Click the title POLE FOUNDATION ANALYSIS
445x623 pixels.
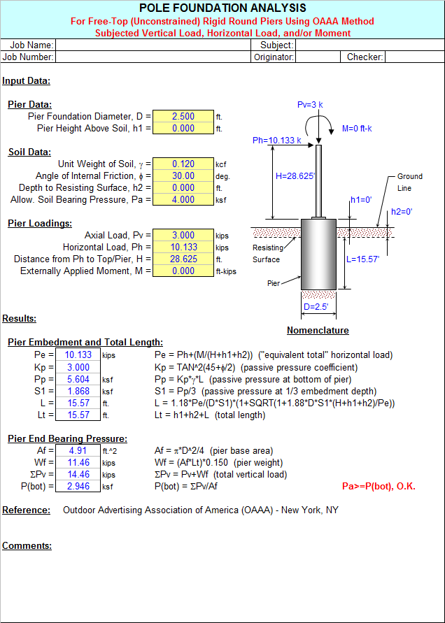point(222,8)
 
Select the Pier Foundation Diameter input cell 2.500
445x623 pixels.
point(183,117)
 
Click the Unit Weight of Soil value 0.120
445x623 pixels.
point(183,164)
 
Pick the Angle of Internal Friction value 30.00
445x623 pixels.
point(183,176)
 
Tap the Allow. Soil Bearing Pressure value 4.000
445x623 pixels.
point(183,200)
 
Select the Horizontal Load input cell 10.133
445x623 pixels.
point(183,248)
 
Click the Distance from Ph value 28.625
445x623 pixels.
point(183,259)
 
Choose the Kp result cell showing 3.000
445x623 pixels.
point(78,367)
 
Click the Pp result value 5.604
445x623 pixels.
point(78,379)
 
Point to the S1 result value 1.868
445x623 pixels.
point(78,391)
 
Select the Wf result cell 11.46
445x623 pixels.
point(78,462)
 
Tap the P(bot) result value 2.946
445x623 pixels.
point(78,486)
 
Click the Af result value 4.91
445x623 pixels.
point(78,450)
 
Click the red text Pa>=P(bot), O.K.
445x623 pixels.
point(378,486)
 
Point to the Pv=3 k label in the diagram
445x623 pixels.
point(310,105)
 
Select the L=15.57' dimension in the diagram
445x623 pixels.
point(362,259)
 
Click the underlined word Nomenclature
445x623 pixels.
point(318,331)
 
